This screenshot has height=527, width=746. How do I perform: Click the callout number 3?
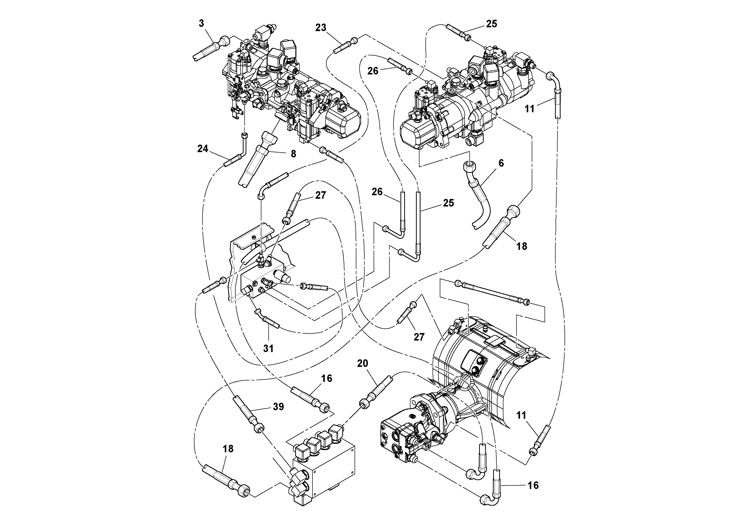201,23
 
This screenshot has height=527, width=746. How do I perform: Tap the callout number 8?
293,154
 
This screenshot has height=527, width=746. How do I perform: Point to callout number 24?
203,149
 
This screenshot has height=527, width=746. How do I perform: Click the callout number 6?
501,163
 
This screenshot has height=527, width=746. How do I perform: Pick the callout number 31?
268,349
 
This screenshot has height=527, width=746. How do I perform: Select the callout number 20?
362,363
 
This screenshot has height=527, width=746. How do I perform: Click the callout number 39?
278,406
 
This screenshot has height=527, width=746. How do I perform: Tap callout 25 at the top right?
491,24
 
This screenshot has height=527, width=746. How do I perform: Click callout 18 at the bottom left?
228,449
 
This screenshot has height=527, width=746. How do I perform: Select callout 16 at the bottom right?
533,485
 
